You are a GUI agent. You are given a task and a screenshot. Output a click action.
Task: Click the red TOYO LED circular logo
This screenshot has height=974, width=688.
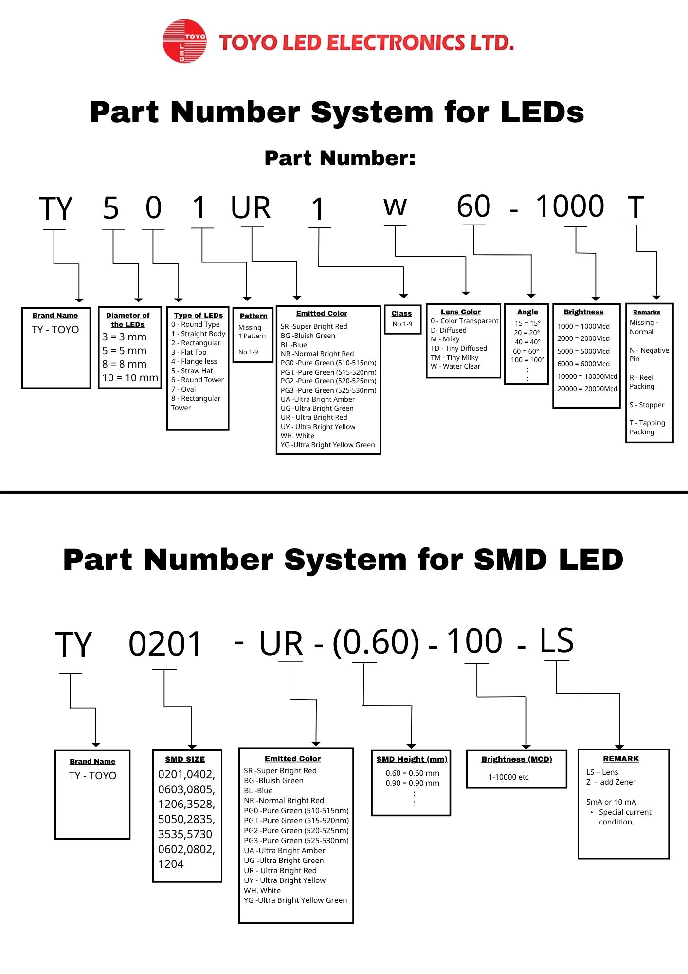[184, 41]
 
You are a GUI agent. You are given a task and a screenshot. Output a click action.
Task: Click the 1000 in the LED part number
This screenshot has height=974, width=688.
[570, 206]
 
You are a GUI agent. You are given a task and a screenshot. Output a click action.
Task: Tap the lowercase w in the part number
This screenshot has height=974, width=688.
[395, 207]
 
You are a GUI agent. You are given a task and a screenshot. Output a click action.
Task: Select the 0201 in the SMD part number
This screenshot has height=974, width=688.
[165, 644]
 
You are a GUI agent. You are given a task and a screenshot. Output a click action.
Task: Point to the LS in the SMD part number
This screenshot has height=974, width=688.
[557, 641]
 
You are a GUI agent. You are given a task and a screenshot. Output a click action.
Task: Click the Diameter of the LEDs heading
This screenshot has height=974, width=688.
[127, 320]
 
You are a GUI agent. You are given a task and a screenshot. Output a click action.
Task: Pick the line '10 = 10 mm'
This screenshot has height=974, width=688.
[130, 378]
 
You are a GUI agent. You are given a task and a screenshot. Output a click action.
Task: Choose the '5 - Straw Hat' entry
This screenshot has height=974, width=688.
[192, 371]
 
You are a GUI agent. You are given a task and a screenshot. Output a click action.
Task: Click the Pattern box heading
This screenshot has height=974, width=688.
[253, 316]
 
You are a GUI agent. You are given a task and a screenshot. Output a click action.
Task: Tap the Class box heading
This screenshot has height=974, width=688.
[401, 313]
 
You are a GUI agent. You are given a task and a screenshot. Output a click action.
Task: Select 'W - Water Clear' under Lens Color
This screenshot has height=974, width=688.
[455, 366]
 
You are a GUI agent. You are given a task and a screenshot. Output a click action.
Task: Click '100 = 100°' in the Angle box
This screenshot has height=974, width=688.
[528, 360]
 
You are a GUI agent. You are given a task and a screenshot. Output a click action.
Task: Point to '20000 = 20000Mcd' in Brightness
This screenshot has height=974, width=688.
[587, 389]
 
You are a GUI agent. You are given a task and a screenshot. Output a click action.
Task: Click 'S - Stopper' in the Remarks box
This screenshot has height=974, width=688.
[647, 405]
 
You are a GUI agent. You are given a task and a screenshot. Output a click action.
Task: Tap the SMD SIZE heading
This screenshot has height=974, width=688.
[185, 759]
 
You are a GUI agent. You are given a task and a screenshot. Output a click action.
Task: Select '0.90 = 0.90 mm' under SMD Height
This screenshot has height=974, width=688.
[412, 783]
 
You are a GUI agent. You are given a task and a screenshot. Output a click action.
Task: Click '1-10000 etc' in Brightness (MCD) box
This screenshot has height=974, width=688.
[508, 777]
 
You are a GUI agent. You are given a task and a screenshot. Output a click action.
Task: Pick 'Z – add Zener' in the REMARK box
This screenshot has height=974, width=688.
[611, 782]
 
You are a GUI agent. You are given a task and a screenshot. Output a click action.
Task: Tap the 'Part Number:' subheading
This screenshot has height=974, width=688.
[340, 158]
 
